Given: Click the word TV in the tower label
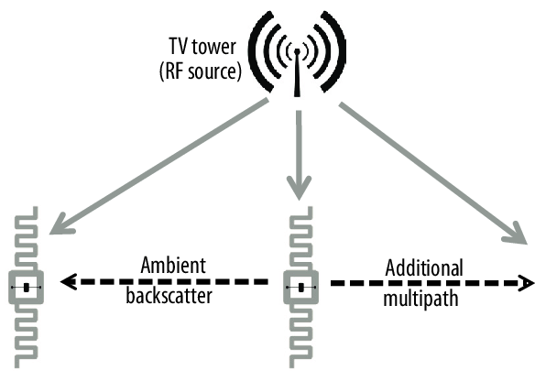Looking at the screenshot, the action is pos(179,47).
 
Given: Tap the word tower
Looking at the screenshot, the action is pos(213,47).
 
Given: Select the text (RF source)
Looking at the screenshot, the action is pos(201,71).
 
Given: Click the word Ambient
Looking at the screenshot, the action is pos(173,265).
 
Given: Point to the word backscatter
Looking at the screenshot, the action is pos(169,295).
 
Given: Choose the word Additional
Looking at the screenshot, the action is pos(424,267).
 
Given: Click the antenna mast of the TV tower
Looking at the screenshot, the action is pos(297,73).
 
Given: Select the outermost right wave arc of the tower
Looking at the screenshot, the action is pos(337,51).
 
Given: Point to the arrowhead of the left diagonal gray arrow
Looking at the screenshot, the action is pos(61,224).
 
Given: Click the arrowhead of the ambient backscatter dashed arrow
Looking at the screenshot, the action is pos(68,281).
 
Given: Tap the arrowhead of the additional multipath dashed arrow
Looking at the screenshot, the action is pos(526,283).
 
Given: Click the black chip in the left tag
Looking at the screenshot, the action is pos(27,288).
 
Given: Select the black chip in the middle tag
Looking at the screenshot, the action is pos(300,288).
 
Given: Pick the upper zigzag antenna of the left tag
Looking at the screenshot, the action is pos(27,238).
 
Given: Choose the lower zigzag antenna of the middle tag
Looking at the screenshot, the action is pos(300,336).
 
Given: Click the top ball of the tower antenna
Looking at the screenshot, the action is pos(297,51).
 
